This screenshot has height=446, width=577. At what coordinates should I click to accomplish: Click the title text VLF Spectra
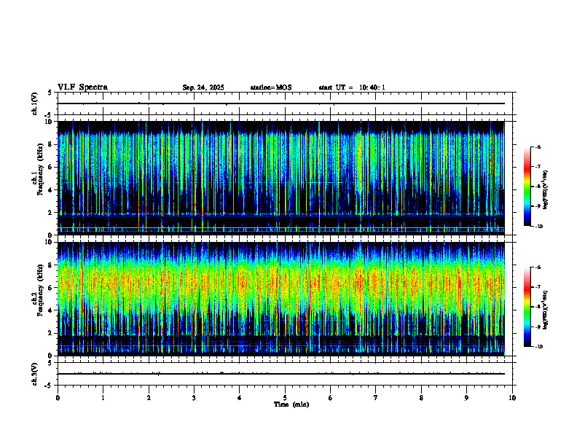82,87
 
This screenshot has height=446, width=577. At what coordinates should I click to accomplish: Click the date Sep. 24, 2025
203,87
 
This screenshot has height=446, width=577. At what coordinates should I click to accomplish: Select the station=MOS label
270,87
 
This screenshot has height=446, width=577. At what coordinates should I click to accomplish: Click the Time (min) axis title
291,404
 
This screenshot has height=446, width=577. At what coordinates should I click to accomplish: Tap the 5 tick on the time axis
285,398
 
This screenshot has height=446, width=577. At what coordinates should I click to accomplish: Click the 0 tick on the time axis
58,398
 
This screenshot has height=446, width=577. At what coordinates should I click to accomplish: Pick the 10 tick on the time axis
512,398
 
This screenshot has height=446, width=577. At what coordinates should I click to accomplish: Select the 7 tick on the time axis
376,398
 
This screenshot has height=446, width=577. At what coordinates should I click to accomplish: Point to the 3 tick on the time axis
194,398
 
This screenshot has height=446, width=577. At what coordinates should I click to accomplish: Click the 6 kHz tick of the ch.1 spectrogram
51,167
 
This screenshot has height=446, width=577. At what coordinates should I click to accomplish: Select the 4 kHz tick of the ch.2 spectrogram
51,310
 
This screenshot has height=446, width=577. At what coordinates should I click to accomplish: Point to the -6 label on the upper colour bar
538,147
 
